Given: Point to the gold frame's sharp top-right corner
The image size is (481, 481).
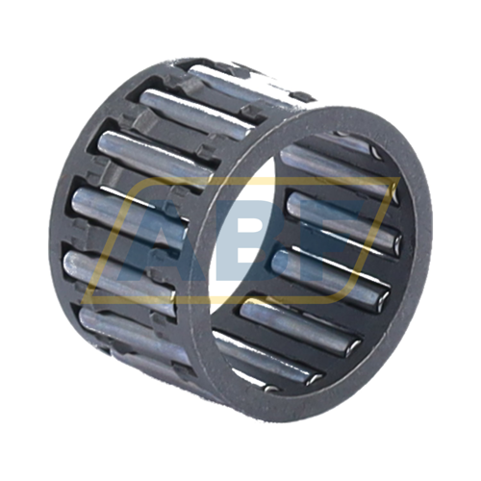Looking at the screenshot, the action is click(399, 178).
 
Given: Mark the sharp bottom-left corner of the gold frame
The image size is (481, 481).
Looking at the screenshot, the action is click(83, 302).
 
